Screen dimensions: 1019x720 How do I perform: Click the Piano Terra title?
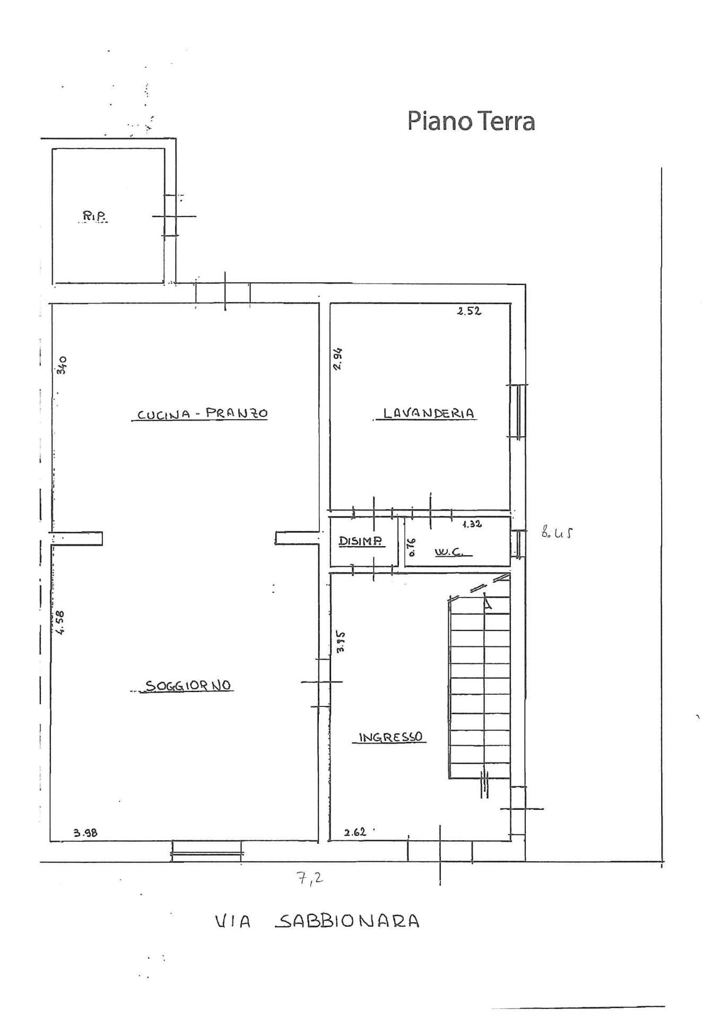[471, 121]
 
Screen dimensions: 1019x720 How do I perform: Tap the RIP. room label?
[93, 216]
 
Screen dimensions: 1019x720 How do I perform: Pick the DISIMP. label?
[361, 541]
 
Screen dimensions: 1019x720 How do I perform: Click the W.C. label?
[448, 552]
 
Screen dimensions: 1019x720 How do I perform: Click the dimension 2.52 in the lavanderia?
[469, 312]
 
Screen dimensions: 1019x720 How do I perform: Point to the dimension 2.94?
[338, 359]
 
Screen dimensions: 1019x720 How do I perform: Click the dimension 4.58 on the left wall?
[60, 622]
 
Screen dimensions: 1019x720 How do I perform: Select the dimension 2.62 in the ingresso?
[355, 832]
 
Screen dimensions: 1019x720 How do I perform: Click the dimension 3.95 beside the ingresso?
[341, 641]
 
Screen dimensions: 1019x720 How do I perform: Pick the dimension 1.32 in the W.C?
[472, 524]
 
